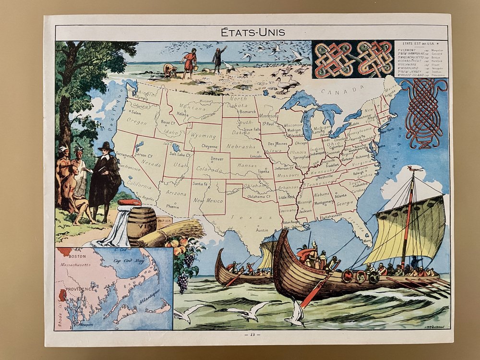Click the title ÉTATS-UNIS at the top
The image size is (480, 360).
(252, 32)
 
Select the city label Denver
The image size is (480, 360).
(217, 158)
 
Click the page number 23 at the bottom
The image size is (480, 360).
(252, 335)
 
